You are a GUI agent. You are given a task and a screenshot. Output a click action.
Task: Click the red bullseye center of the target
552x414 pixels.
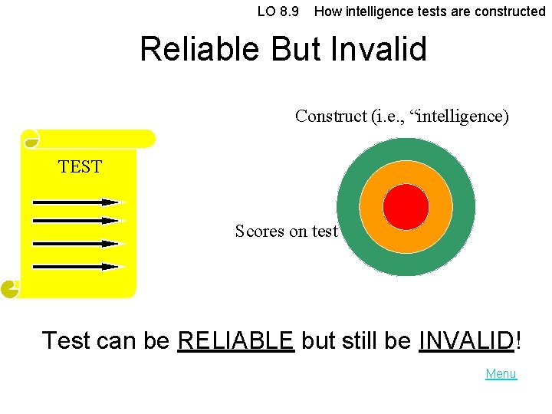point(406,207)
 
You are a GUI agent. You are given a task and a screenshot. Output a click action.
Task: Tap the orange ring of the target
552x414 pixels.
point(406,174)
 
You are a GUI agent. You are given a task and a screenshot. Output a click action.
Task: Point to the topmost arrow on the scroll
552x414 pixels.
point(77,202)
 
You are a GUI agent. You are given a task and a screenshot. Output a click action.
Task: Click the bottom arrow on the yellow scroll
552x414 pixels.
point(77,267)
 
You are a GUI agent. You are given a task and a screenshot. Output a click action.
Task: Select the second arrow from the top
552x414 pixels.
point(77,221)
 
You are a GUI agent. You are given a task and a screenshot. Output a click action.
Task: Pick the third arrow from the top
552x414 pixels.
point(77,244)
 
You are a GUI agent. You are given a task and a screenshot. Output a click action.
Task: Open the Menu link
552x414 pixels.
point(501,374)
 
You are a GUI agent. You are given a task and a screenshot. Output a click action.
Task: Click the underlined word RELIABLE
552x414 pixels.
point(235,340)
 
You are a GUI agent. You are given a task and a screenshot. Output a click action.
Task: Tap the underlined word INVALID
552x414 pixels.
point(466,340)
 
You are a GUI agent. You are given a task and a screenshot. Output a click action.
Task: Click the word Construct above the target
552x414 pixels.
point(330,117)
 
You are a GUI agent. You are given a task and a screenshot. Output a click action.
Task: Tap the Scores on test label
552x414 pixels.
point(286,231)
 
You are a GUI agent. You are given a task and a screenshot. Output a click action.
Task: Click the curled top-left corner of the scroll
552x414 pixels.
point(31,140)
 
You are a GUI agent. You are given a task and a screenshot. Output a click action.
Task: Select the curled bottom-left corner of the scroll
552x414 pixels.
point(10,289)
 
